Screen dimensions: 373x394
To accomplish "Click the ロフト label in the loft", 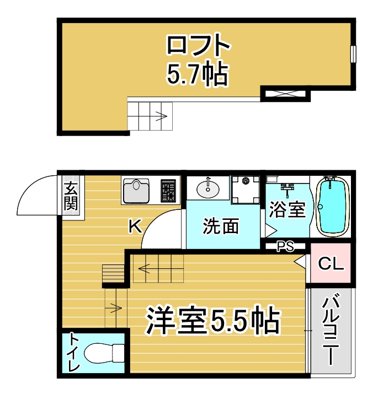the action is pos(198,45).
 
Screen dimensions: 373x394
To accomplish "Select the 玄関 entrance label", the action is pos(71,196).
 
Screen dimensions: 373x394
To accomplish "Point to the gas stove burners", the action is pos(168,190).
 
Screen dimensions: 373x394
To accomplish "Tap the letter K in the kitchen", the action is pos(135,226).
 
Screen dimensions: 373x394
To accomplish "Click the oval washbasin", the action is pos(208,190).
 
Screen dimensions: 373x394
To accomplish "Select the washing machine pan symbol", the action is pos(246,190).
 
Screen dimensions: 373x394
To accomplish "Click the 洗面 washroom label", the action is pos(221,226).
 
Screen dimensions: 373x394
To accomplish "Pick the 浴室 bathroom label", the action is pos(287,209).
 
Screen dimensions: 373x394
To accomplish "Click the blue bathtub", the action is pos(332,207).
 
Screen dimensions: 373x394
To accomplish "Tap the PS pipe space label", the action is pos(285,246).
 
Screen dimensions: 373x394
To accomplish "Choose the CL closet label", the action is pos(331,263).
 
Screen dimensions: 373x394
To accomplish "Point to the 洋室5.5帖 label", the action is pos(212,321).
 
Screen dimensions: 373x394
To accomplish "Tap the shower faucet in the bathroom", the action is pos(287,188).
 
